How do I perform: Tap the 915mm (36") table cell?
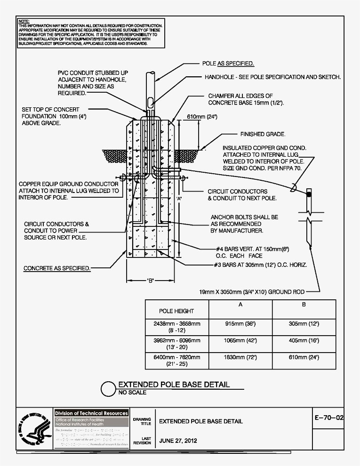(240, 324)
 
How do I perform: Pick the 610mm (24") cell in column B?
(304, 358)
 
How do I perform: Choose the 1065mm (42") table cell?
(240, 340)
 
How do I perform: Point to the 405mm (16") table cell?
(304, 340)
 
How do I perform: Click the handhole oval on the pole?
(150, 102)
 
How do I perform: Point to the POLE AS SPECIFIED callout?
(228, 63)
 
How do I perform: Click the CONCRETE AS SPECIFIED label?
(57, 268)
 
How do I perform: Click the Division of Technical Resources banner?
(91, 413)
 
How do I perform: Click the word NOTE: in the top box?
(24, 22)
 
